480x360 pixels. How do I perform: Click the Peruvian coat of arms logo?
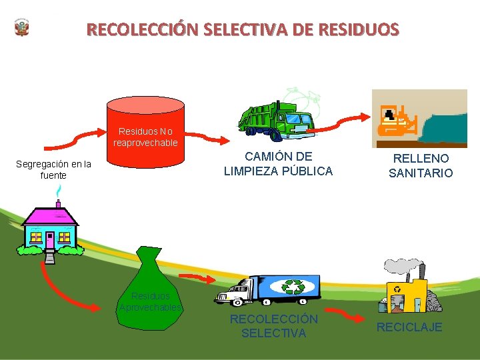[x=22, y=28]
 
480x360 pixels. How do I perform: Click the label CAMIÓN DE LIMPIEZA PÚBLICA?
[x=278, y=164]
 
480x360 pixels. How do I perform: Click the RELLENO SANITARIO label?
[x=421, y=166]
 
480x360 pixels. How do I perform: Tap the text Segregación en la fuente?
[x=54, y=169]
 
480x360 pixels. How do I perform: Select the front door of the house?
[x=50, y=239]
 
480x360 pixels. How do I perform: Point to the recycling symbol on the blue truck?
[x=293, y=287]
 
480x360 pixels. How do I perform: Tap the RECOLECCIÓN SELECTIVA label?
[x=273, y=326]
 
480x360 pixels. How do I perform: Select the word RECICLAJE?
[x=409, y=327]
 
